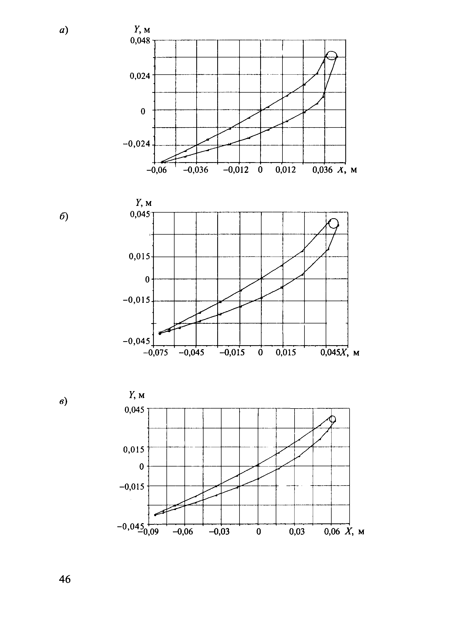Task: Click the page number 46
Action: [65, 579]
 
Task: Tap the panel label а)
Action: [63, 30]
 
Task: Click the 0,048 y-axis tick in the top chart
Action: [140, 41]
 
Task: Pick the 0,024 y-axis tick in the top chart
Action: [140, 75]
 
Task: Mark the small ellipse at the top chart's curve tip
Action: [331, 55]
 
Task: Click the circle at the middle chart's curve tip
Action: [334, 223]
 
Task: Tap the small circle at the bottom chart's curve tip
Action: [332, 419]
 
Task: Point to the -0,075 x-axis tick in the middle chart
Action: [155, 353]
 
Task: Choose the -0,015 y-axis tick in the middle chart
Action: [136, 300]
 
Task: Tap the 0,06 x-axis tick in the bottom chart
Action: [332, 531]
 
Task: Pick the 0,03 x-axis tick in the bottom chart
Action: [296, 531]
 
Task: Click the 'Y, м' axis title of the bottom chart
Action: [137, 395]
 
